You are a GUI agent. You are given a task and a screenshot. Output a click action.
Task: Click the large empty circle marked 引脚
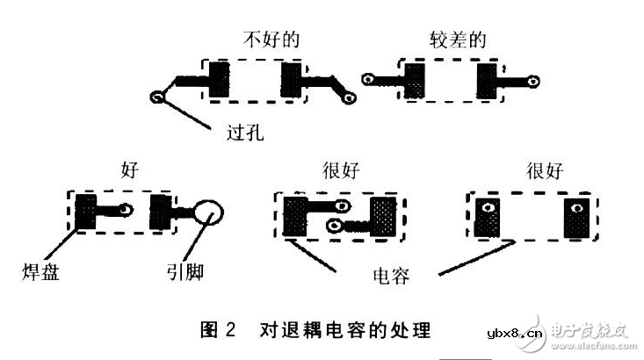[x=213, y=212]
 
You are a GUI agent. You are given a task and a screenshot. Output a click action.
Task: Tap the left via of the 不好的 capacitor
[x=158, y=97]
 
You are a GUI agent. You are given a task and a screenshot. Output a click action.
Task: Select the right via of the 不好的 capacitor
[x=350, y=97]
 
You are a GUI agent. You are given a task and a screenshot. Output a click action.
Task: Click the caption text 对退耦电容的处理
[x=345, y=331]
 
